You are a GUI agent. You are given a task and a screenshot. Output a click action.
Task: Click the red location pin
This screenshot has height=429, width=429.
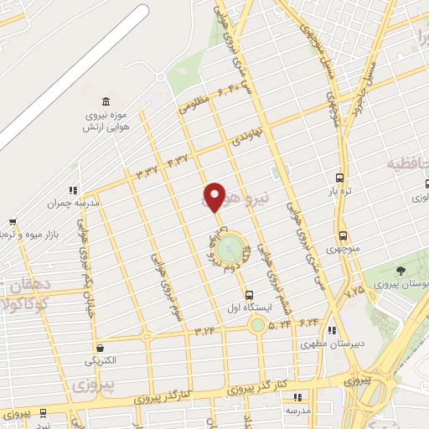214,196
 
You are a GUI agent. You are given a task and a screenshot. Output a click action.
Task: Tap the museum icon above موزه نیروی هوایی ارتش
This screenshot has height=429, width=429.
92,100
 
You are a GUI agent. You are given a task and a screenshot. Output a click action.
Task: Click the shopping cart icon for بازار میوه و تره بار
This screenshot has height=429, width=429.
12,222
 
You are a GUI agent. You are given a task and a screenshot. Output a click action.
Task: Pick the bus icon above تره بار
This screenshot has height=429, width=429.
339,178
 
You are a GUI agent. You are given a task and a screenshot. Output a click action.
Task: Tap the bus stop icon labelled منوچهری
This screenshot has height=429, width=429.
342,235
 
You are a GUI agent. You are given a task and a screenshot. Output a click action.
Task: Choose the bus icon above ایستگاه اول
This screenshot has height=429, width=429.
249,295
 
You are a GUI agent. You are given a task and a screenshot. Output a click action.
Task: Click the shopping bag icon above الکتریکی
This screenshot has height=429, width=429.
100,348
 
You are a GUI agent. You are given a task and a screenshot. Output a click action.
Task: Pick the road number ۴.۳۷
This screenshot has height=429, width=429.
178,160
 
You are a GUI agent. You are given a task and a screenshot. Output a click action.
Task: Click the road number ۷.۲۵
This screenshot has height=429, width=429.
354,291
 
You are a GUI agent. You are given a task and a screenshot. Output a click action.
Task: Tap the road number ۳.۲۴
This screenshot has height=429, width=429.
204,330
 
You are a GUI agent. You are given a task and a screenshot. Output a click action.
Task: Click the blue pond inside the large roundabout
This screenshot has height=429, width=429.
227,249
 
